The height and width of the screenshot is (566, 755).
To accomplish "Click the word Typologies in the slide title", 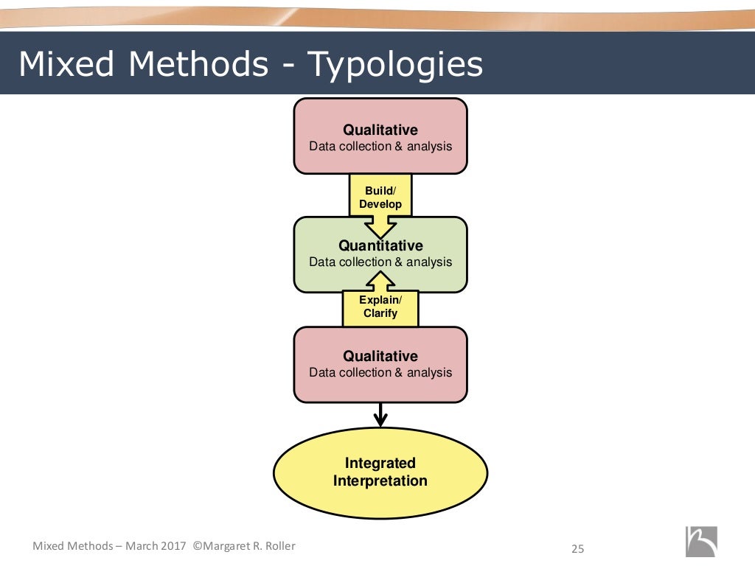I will (x=394, y=66).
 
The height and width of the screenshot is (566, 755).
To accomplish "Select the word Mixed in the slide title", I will (x=65, y=65).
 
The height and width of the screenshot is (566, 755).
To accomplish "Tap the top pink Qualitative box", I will (x=380, y=137).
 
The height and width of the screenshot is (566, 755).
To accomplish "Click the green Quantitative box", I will (x=380, y=254).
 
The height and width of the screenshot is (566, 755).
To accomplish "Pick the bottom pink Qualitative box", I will (x=380, y=364).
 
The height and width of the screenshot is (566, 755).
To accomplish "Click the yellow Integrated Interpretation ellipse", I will (x=380, y=472).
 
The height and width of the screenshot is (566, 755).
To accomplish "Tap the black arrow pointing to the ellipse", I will (x=380, y=414).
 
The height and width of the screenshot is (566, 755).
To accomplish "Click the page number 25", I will (x=577, y=548).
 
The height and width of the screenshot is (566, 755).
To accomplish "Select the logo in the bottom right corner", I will (x=700, y=542).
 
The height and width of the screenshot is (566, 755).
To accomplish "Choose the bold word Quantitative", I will (x=380, y=246).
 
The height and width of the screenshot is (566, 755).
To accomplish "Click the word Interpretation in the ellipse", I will (x=380, y=481).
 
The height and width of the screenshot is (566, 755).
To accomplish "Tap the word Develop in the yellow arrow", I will (x=380, y=204).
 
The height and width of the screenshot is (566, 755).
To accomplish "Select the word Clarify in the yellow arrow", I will (x=380, y=313).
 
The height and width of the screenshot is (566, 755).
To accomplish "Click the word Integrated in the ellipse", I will (x=380, y=464).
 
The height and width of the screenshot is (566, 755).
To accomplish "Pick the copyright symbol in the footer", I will (x=198, y=546).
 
